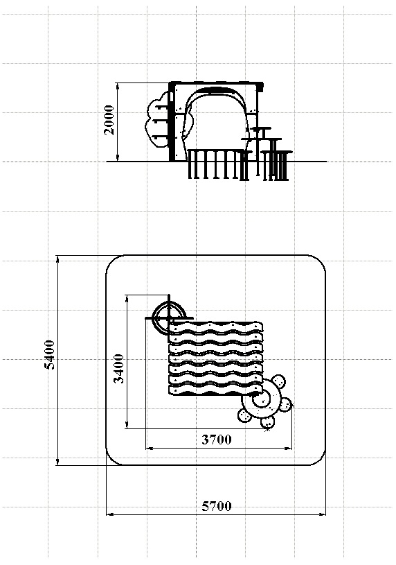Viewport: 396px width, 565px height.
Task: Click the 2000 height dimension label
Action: click(x=109, y=120)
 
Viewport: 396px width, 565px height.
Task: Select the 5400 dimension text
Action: click(x=49, y=354)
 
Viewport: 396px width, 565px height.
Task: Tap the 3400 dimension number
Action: click(x=118, y=369)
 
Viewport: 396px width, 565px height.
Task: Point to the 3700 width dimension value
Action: click(x=217, y=440)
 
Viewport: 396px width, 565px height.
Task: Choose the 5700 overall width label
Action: click(x=217, y=506)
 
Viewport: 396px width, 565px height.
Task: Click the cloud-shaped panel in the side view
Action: click(x=157, y=120)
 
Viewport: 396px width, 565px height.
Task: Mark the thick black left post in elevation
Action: click(x=172, y=122)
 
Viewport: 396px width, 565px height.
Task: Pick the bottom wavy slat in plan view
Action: click(x=215, y=390)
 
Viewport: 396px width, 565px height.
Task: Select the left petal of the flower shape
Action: click(x=245, y=415)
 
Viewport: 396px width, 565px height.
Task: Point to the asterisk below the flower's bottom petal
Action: click(x=267, y=429)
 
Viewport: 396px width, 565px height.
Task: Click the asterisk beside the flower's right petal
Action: click(x=292, y=406)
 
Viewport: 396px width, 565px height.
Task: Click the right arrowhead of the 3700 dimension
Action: click(x=288, y=449)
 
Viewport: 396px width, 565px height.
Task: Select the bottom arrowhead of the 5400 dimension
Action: click(x=57, y=461)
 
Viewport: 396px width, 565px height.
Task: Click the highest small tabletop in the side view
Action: click(x=262, y=128)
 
